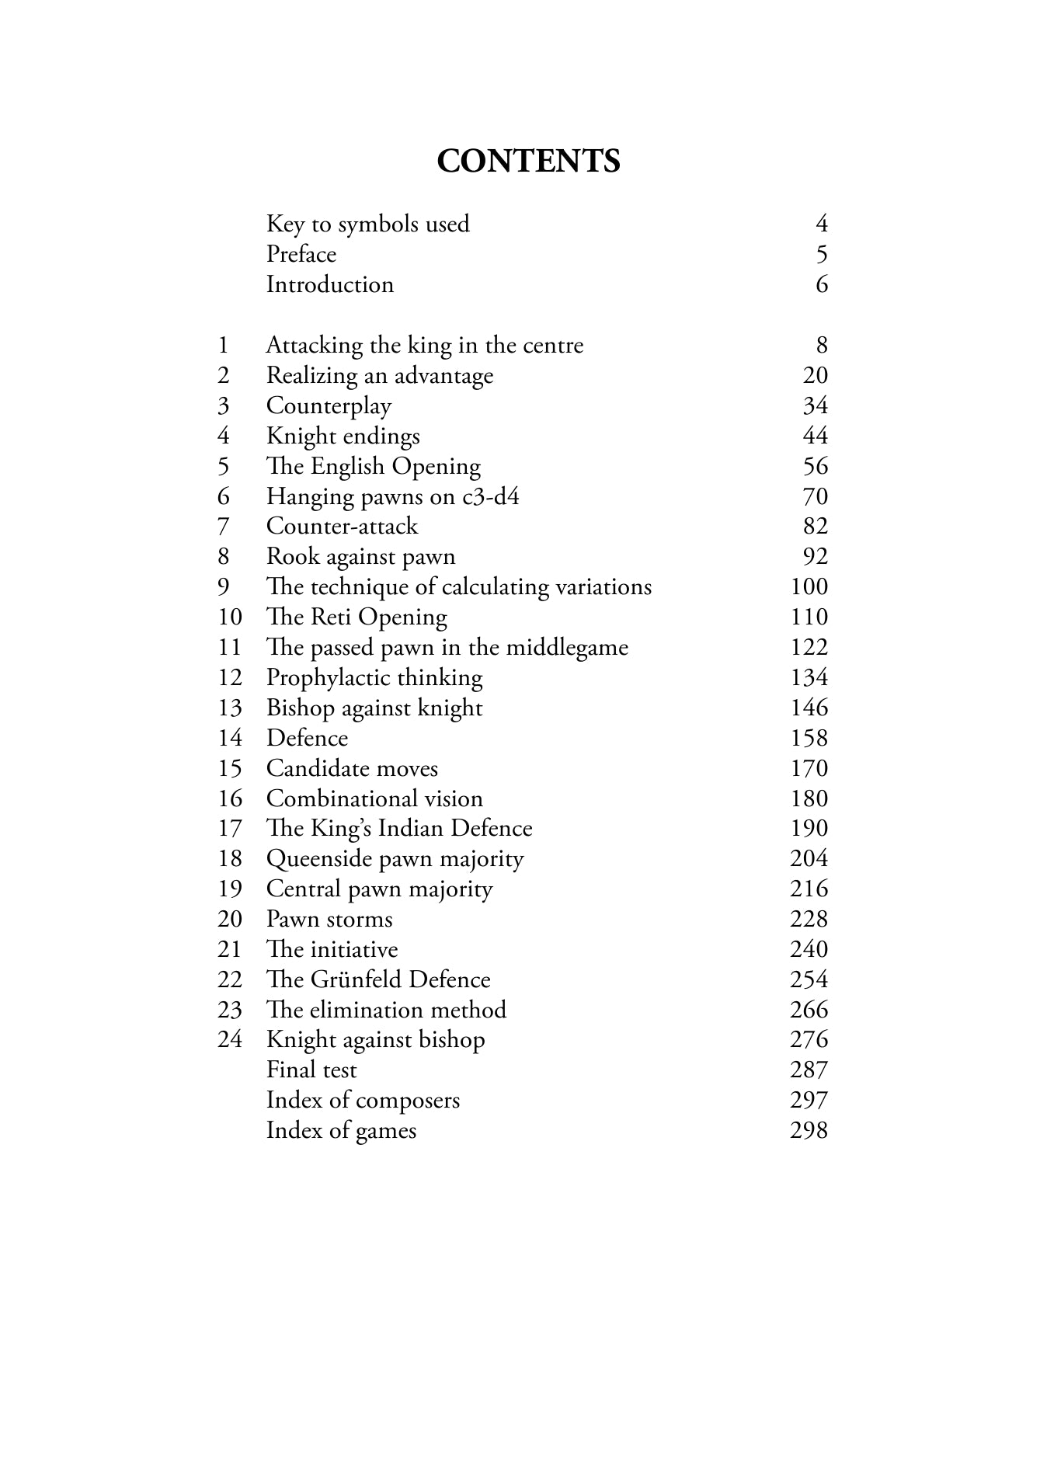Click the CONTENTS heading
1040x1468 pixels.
coord(528,162)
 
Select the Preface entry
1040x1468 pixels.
coord(301,255)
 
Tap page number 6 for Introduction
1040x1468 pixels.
coord(822,285)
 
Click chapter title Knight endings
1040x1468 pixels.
coord(343,437)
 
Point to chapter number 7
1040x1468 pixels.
coord(223,527)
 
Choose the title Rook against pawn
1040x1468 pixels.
coord(360,557)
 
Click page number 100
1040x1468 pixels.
coord(809,587)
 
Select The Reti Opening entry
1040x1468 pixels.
coord(357,617)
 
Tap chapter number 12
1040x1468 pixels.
coord(230,678)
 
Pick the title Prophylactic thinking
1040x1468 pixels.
coord(374,678)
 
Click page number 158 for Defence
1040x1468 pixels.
coord(809,739)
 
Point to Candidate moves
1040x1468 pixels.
coord(352,769)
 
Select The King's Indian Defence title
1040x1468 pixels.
coord(399,829)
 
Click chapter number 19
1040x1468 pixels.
coord(230,889)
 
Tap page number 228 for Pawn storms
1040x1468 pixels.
coord(809,920)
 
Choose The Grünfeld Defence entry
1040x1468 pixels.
coord(378,980)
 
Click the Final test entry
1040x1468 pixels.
coord(311,1070)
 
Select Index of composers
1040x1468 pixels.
coord(363,1101)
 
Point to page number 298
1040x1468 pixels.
coord(809,1131)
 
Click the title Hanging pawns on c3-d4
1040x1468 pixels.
coord(392,496)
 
